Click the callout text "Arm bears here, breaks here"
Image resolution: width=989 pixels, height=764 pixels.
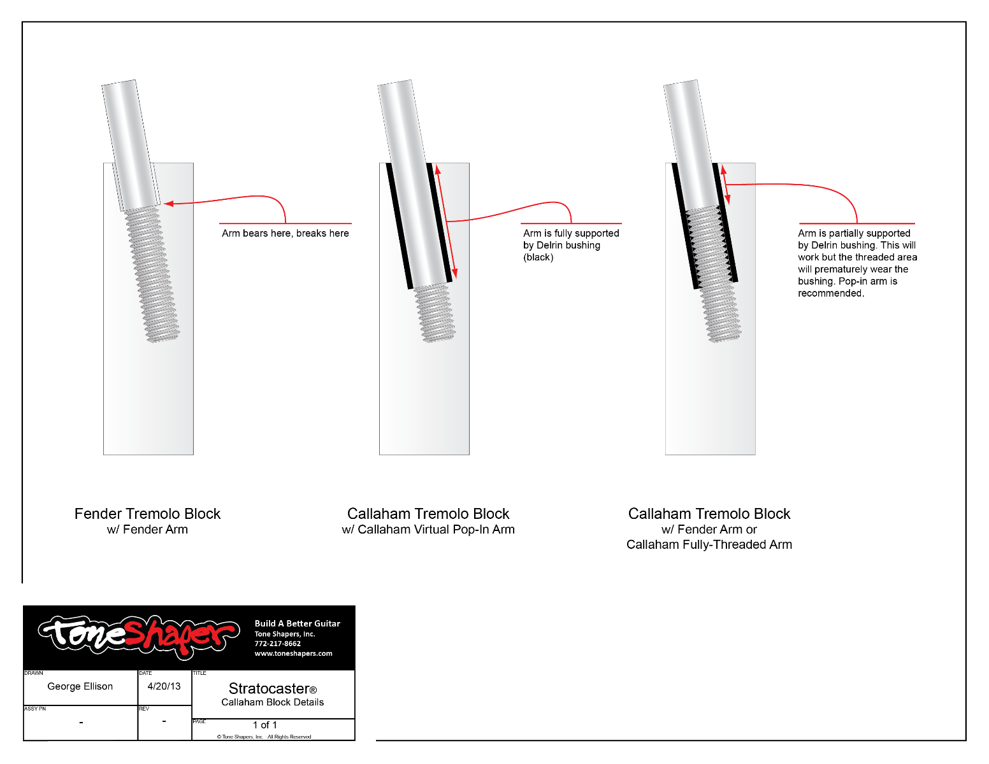click(x=285, y=234)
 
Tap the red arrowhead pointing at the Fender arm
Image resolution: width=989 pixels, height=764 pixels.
click(x=169, y=204)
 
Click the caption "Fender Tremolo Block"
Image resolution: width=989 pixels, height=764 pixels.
click(x=147, y=514)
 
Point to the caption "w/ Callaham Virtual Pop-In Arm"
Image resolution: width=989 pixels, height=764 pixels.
click(x=428, y=530)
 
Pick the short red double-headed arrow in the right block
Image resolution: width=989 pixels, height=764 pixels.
click(x=726, y=185)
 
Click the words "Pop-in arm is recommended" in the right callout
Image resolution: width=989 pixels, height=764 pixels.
click(x=848, y=287)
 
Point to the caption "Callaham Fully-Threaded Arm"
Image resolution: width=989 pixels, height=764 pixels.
click(x=709, y=545)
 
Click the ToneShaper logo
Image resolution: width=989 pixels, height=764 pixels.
click(x=139, y=635)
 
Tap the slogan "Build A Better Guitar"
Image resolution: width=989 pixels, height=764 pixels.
click(x=297, y=624)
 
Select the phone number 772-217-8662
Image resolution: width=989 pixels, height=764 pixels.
click(x=278, y=644)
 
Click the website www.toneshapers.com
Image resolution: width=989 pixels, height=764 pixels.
click(x=293, y=654)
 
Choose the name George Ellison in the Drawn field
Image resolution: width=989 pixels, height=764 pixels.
click(x=80, y=686)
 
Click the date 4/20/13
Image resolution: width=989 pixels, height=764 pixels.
click(x=164, y=686)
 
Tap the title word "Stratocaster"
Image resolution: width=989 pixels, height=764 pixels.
click(x=269, y=689)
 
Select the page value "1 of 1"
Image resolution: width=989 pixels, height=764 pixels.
click(x=265, y=725)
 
